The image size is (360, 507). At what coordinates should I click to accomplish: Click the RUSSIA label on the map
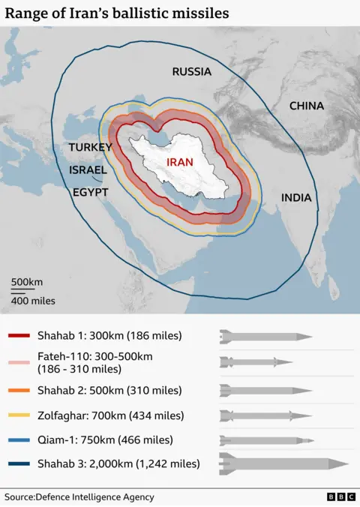click(x=191, y=72)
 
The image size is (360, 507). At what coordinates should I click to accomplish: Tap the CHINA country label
click(x=307, y=106)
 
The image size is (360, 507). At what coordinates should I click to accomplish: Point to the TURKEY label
click(x=90, y=148)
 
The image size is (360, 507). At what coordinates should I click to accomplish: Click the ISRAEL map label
click(x=88, y=170)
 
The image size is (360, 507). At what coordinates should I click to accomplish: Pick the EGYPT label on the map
click(x=91, y=193)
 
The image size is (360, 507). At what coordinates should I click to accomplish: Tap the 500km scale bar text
click(x=26, y=282)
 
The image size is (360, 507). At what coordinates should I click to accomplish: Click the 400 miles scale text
click(x=33, y=301)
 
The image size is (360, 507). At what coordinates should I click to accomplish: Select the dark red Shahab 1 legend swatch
click(x=18, y=336)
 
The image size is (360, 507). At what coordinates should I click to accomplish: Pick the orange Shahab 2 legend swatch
click(x=18, y=390)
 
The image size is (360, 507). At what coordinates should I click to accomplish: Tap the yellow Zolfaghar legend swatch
click(x=18, y=415)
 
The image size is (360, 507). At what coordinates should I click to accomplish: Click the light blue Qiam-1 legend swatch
click(x=18, y=440)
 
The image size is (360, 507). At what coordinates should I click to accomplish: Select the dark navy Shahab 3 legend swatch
click(x=18, y=464)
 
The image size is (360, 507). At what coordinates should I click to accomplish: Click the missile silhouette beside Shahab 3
click(x=283, y=464)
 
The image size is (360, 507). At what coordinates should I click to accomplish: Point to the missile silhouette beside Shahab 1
click(x=265, y=336)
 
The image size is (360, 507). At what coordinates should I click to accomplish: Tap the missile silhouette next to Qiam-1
click(x=265, y=440)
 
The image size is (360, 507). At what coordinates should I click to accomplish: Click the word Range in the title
click(x=27, y=13)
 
